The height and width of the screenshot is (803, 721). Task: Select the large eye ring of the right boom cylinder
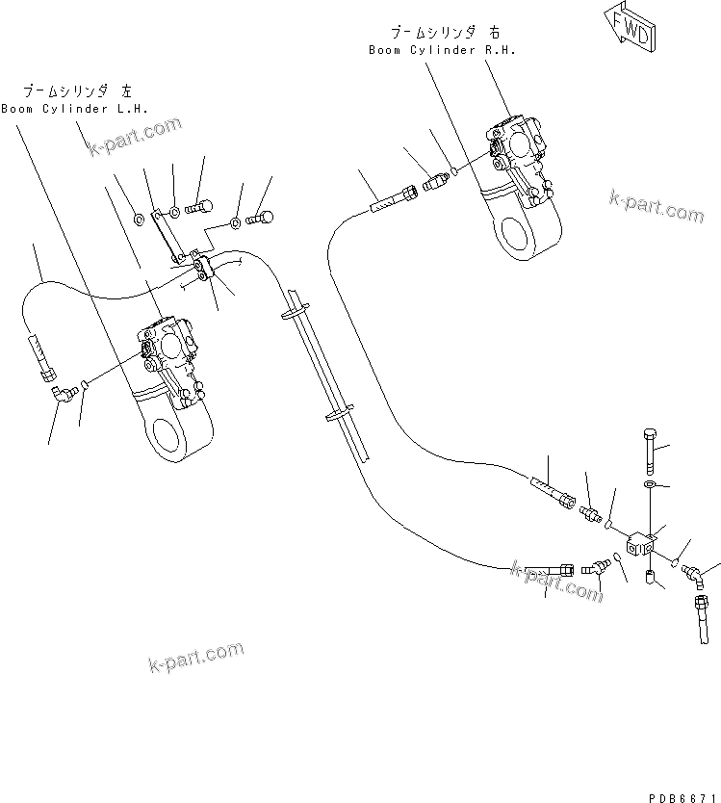(x=520, y=233)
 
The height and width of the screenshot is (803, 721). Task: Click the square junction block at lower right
(x=640, y=545)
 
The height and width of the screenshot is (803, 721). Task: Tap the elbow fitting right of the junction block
(x=692, y=575)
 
